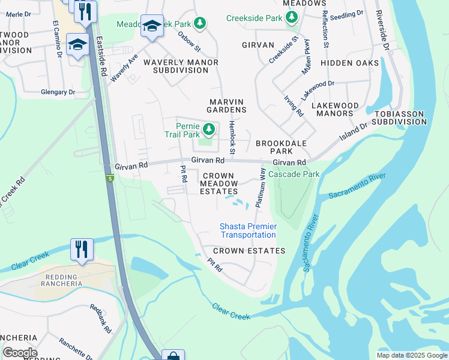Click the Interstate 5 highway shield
pyautogui.click(x=110, y=178)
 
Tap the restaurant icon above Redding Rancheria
pyautogui.click(x=82, y=249)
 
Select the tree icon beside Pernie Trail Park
pyautogui.click(x=209, y=129)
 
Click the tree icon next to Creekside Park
pyautogui.click(x=291, y=18)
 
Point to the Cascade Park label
pyautogui.click(x=294, y=174)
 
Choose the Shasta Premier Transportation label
pyautogui.click(x=248, y=230)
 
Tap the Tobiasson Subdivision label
pyautogui.click(x=399, y=118)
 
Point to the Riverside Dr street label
pyautogui.click(x=382, y=30)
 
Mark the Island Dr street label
pyautogui.click(x=355, y=133)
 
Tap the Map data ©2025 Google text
pyautogui.click(x=412, y=355)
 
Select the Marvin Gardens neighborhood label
pyautogui.click(x=228, y=106)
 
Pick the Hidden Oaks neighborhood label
pyautogui.click(x=349, y=63)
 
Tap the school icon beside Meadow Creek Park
pyautogui.click(x=152, y=26)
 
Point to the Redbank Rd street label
pyautogui.click(x=100, y=319)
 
